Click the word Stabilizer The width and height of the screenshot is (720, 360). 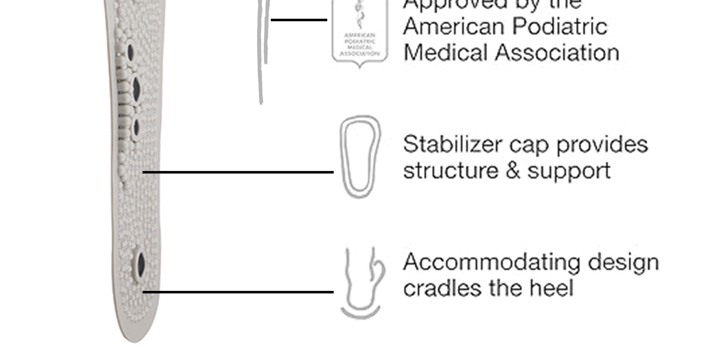point(452,145)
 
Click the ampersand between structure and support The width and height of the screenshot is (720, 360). point(513,171)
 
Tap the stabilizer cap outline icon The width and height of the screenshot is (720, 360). point(360,157)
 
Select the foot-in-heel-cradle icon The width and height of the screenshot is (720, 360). point(362,283)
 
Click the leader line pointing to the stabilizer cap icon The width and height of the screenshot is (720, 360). point(238,172)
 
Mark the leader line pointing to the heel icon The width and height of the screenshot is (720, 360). point(238,292)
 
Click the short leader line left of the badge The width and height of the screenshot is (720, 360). point(299,20)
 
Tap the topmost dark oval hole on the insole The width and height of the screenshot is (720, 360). point(130,52)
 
